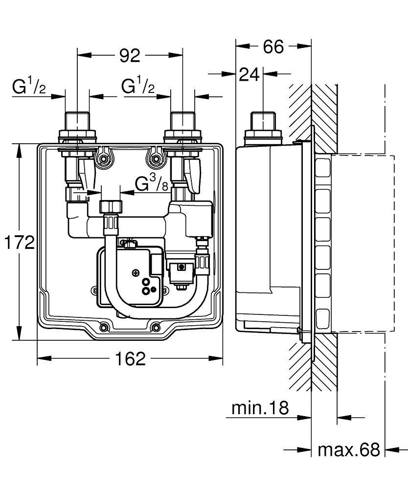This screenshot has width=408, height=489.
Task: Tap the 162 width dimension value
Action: click(x=132, y=359)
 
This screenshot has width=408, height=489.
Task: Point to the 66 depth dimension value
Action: click(x=274, y=47)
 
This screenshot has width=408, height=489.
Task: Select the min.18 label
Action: click(x=260, y=407)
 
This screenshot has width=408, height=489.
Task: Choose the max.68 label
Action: click(x=348, y=449)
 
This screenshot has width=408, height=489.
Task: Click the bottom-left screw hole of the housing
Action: click(x=104, y=327)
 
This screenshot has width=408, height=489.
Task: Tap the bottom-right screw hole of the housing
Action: click(x=155, y=327)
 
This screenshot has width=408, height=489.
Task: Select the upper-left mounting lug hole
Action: click(x=103, y=158)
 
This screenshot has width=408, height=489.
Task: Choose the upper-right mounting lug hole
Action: click(x=156, y=158)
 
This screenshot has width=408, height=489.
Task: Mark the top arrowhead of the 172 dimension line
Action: click(x=20, y=149)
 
